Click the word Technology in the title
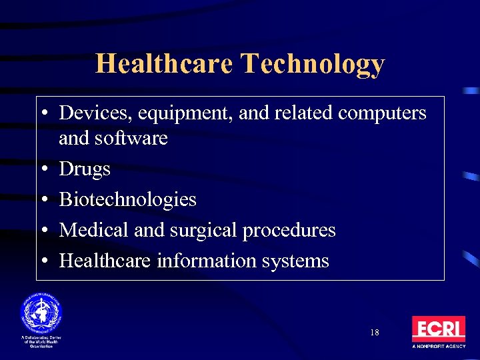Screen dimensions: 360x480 (313, 65)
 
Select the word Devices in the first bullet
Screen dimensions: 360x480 (95, 113)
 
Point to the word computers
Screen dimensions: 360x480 (382, 114)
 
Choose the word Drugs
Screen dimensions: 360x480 (85, 169)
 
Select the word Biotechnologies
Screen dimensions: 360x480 (128, 199)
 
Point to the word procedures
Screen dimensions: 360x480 (289, 231)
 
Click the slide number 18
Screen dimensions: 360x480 (374, 332)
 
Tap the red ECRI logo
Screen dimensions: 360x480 (438, 329)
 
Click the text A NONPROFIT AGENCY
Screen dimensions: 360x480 (438, 347)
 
